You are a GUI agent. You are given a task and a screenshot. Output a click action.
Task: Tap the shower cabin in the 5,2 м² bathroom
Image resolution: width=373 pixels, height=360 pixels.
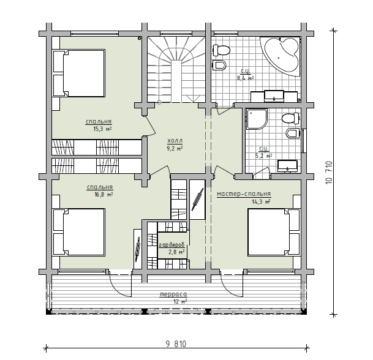point(257,119)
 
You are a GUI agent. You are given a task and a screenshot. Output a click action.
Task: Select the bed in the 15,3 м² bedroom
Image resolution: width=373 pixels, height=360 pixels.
point(79,73)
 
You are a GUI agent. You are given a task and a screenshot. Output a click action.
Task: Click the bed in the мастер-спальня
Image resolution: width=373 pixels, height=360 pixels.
point(274,232)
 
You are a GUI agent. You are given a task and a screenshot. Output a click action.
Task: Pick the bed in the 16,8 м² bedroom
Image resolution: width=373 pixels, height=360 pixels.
point(79,232)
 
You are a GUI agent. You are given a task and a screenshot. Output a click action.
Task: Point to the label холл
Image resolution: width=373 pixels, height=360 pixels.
point(175,141)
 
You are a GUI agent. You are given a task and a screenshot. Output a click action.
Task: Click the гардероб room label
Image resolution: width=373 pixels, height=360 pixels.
point(171,245)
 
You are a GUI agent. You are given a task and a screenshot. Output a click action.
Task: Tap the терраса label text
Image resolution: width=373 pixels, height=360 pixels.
point(173,294)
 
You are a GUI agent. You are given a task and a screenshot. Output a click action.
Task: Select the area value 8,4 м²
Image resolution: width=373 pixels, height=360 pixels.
point(245,78)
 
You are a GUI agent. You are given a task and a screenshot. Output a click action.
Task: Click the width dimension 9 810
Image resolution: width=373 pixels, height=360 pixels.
point(176,344)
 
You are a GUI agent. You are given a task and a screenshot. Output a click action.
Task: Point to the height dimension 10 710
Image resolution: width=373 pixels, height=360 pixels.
point(328,173)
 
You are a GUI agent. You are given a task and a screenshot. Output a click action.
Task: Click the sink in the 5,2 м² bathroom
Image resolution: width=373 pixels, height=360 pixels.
point(287,166)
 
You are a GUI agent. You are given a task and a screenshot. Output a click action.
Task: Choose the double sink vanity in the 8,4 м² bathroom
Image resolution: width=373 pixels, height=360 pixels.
point(274,96)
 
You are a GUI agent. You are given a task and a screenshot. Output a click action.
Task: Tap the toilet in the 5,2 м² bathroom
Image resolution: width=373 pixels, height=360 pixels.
point(290,118)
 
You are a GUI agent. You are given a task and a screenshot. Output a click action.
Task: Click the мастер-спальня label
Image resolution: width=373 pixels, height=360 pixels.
point(244,194)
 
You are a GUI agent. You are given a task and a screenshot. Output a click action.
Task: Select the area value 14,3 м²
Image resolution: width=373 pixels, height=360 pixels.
point(261,202)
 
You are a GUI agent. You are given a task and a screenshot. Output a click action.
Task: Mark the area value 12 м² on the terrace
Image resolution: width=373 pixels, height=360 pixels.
point(180,302)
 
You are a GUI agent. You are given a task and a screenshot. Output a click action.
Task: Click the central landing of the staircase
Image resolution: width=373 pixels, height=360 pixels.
point(176,81)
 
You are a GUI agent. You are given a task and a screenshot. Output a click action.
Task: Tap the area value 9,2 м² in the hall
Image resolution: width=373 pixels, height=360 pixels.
point(175,149)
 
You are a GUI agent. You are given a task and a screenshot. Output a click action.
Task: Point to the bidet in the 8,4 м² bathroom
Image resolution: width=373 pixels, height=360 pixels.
point(219,65)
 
